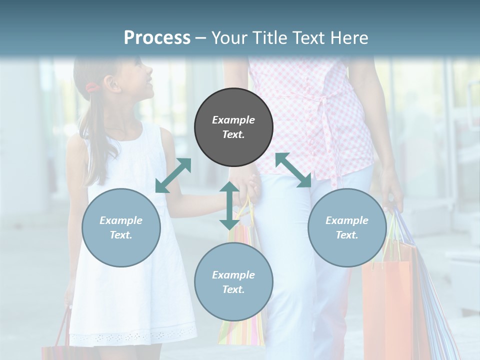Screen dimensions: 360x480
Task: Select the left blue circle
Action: pos(121,227)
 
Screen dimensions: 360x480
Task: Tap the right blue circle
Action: pos(347,227)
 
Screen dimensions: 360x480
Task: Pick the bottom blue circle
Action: pos(233,282)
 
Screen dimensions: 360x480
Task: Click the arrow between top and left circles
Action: pos(173,175)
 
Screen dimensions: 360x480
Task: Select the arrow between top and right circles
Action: pos(293,170)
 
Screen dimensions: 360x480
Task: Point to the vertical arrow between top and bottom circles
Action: pos(229,205)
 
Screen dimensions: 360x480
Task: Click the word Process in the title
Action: pos(157,37)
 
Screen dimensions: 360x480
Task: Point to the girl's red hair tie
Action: pos(91,88)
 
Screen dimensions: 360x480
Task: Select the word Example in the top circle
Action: pos(233,120)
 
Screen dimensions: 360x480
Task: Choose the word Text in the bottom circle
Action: pos(232,289)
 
